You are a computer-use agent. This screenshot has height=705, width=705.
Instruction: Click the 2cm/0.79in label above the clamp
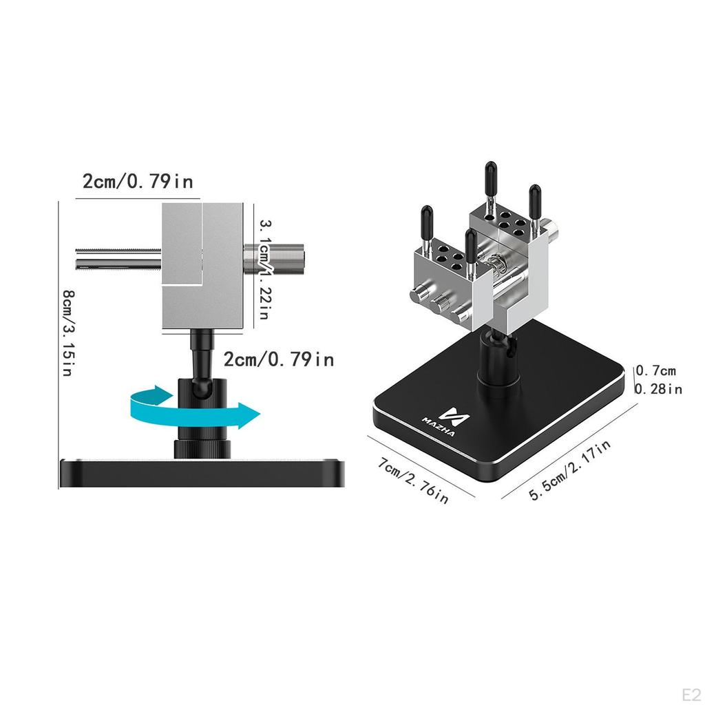138,182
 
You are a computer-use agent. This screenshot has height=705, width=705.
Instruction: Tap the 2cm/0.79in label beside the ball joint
279,359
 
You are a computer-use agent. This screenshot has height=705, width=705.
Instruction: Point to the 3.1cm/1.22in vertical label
264,269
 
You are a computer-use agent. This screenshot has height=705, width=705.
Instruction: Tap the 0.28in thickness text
657,389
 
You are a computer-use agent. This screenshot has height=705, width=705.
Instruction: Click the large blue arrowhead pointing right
245,415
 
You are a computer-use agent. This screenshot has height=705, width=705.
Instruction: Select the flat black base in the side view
201,474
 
